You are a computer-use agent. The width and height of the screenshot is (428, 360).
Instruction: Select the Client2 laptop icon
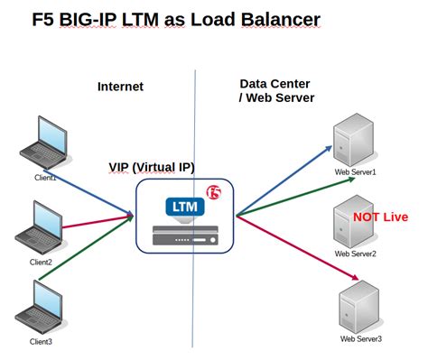(x=40, y=229)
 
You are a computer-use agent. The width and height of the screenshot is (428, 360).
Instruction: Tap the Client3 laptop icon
(x=38, y=307)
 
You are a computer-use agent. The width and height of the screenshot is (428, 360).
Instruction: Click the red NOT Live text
(x=380, y=217)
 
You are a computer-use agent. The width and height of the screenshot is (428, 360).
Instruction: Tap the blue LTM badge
(x=185, y=207)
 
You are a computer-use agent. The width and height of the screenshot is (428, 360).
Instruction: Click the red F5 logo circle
(x=215, y=192)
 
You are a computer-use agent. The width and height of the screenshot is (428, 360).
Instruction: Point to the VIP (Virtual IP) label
(x=152, y=167)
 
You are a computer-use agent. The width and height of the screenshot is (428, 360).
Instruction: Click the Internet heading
(x=120, y=87)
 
